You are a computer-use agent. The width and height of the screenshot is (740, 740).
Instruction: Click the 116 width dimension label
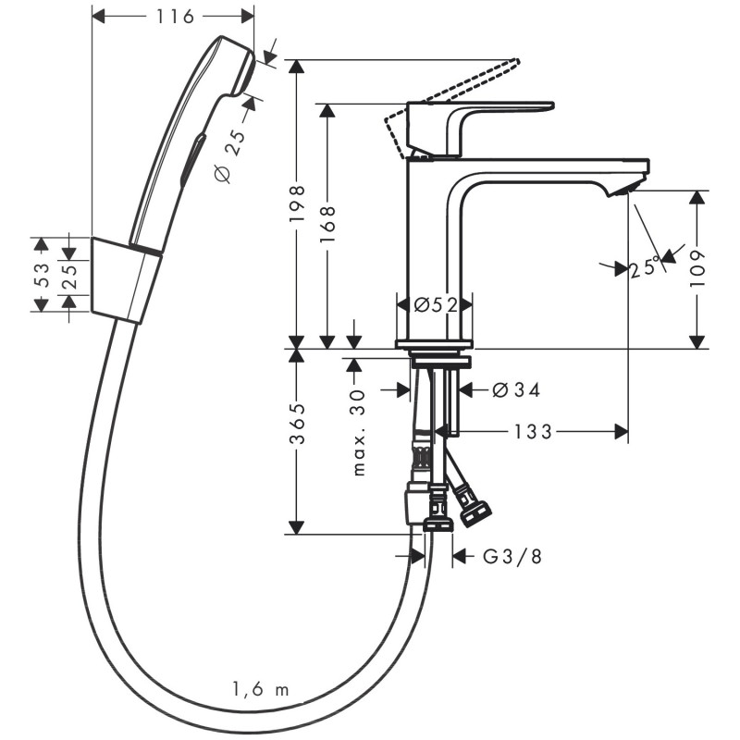[x=173, y=16]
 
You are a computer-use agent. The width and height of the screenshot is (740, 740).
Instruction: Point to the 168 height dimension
[x=327, y=223]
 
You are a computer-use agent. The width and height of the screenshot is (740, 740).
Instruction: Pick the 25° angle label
[x=644, y=268]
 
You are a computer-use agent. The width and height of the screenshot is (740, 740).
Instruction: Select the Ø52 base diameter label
[x=436, y=304]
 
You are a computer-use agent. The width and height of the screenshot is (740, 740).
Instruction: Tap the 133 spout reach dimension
[x=534, y=431]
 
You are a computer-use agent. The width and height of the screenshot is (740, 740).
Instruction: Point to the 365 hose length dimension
[x=296, y=424]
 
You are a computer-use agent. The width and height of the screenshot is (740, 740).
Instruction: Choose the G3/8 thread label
[x=509, y=556]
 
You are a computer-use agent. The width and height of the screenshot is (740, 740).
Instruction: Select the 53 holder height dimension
[x=40, y=275]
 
